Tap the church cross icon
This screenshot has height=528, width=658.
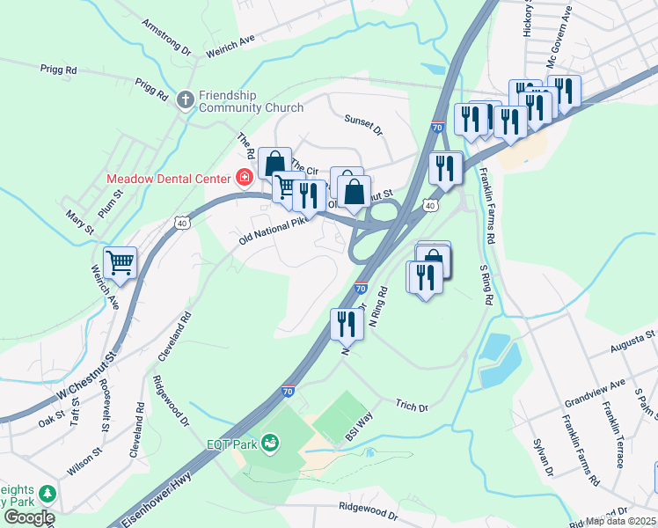186,100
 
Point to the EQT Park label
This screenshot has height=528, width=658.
232,444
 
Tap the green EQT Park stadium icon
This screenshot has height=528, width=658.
271,443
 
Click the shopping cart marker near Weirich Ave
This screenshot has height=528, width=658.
120,262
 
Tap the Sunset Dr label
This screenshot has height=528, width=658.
364,125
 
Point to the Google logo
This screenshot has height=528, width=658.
29,517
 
